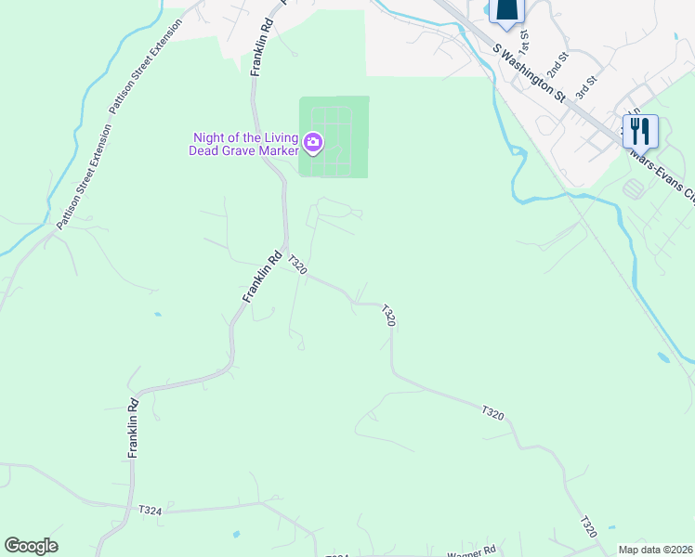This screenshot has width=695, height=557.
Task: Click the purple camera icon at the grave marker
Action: tap(313, 142)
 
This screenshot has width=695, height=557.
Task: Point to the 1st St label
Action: tap(525, 41)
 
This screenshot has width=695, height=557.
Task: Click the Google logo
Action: tap(31, 546)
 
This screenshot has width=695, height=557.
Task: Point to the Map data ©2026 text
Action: tap(655, 550)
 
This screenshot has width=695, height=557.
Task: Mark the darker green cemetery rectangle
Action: tap(334, 136)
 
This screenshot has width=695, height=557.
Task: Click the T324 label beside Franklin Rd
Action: tap(150, 510)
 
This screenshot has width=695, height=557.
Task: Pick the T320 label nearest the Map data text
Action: tap(588, 526)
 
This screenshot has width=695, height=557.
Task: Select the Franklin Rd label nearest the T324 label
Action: tap(134, 428)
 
